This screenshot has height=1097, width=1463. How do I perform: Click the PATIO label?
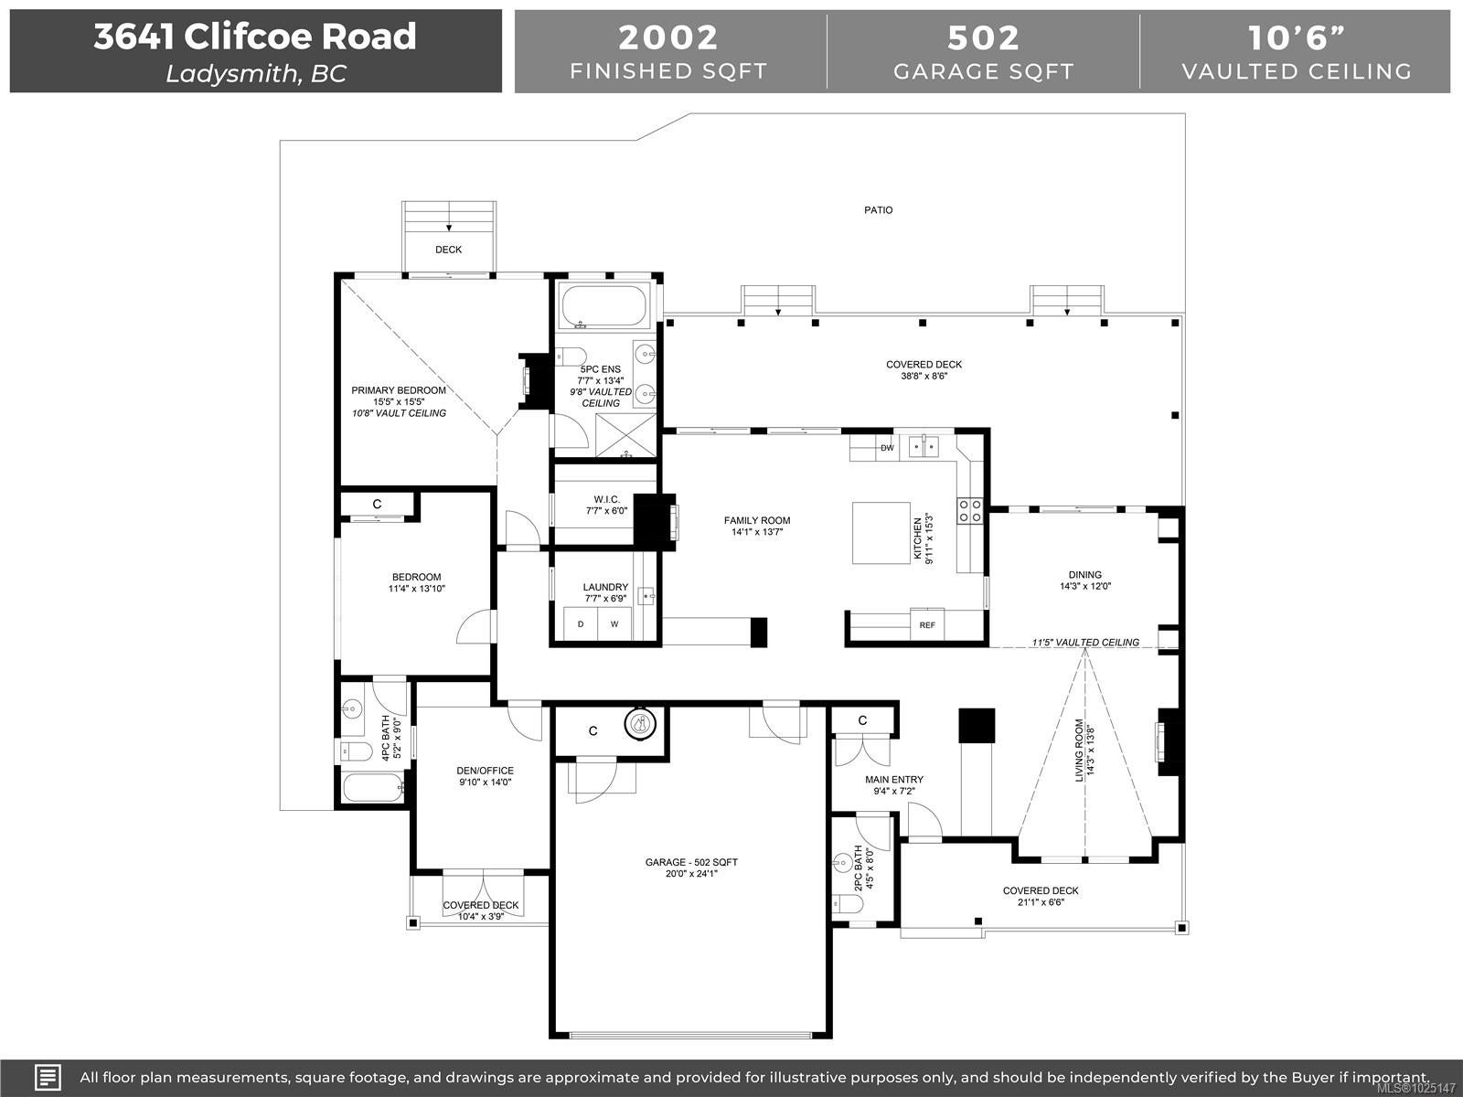click(x=878, y=210)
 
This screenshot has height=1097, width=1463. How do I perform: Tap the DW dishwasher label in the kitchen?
click(x=886, y=448)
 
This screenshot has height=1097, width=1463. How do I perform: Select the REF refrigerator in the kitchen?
click(x=927, y=624)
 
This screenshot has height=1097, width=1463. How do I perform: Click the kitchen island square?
click(x=881, y=533)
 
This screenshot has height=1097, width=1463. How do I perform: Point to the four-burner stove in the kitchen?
click(x=970, y=511)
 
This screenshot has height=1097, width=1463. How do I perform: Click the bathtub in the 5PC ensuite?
click(x=603, y=305)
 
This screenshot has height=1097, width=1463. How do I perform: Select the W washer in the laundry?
click(x=614, y=624)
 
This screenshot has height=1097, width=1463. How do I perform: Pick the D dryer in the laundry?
click(x=581, y=624)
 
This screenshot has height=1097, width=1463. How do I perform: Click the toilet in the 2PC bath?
click(x=847, y=904)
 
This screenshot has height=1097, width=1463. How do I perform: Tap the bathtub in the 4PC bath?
click(x=373, y=787)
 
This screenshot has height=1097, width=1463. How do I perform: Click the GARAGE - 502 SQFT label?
click(x=691, y=862)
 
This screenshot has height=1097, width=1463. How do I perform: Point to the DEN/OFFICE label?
click(x=486, y=771)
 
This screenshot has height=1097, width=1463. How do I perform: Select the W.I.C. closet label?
click(x=606, y=499)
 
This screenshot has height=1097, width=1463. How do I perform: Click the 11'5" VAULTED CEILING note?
click(x=1085, y=642)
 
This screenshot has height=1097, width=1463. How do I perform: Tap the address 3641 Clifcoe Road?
click(x=255, y=37)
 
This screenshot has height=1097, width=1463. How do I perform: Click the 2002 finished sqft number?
click(x=668, y=37)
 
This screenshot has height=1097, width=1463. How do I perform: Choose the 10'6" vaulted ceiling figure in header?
click(x=1297, y=37)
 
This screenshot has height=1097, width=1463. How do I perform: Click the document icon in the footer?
click(x=48, y=1077)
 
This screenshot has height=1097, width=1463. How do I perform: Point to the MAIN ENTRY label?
click(x=894, y=779)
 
